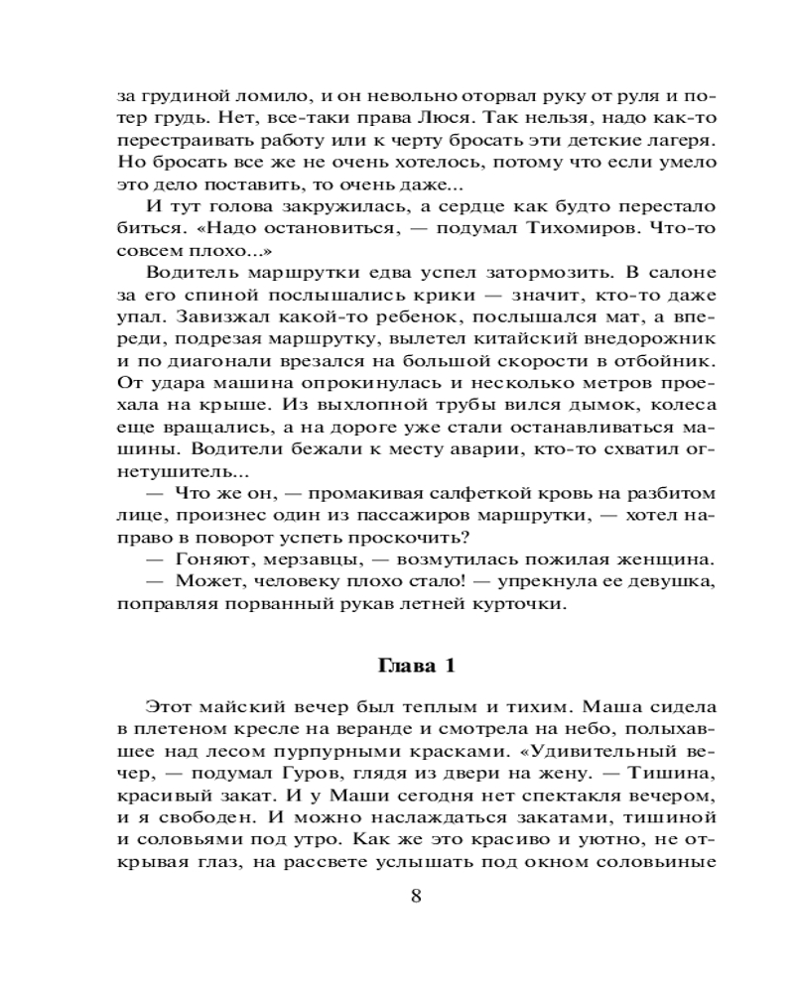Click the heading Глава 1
pos(416,666)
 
